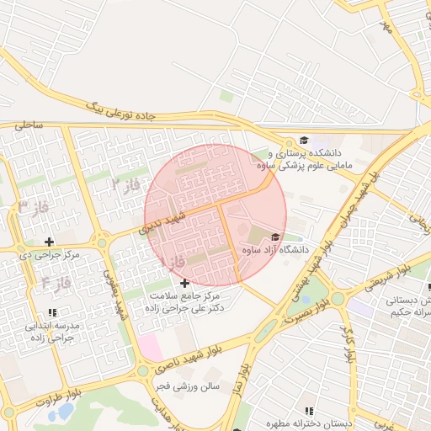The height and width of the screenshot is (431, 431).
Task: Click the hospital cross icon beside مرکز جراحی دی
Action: coord(49,242)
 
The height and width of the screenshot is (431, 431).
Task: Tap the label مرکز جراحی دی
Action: coord(50,254)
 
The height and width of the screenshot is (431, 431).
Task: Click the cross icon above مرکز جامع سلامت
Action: coord(184,283)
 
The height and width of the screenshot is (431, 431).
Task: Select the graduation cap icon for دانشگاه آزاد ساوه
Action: coord(275,237)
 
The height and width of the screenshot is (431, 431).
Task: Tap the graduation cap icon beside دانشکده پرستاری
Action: coord(304,141)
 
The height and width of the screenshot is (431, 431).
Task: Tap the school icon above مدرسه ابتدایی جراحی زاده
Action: coord(51,312)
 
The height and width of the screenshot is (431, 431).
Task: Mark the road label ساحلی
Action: coord(27,125)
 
